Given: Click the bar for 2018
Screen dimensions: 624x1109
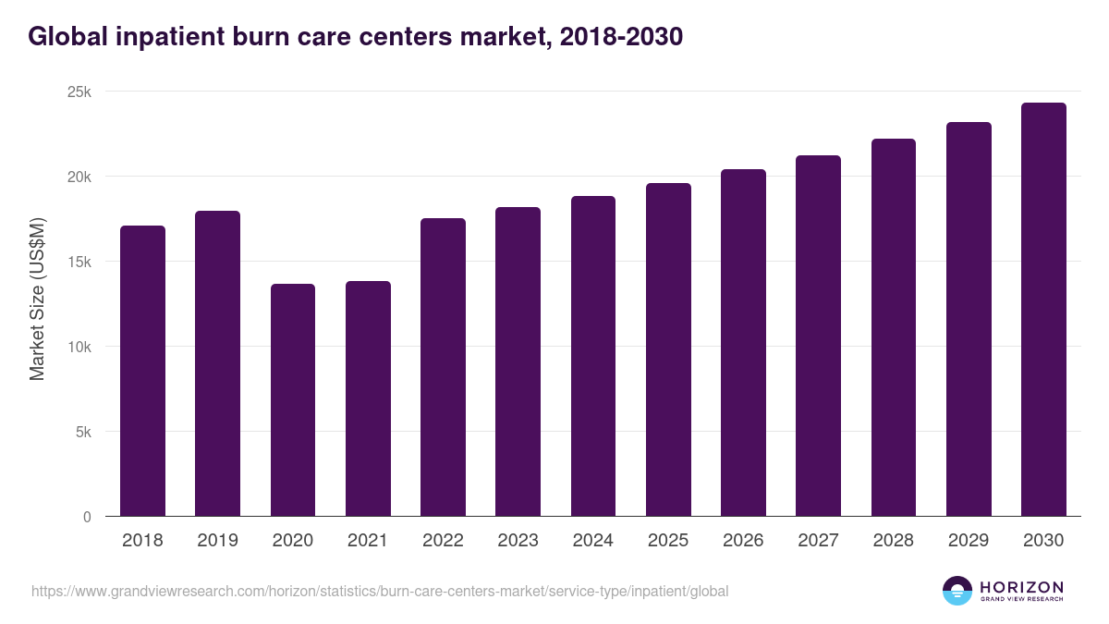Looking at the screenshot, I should (142, 371).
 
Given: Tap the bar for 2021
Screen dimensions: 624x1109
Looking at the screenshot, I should (368, 398).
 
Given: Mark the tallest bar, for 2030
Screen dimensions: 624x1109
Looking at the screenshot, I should (1043, 310).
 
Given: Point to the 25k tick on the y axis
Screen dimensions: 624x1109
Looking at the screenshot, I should (79, 92).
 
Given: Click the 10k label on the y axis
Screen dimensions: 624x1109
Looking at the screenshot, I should (79, 347).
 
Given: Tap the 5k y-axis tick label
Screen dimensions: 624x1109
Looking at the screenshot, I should (83, 432).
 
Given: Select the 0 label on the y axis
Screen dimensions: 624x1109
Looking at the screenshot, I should (87, 517).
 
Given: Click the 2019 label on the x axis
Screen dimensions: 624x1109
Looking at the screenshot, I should (217, 541).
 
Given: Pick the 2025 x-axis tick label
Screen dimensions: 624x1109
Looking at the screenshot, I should (668, 541).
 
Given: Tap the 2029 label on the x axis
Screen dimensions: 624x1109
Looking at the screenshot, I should (969, 541).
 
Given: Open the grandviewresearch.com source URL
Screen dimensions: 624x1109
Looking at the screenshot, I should (380, 591).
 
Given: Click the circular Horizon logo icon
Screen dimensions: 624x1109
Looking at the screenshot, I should (957, 591).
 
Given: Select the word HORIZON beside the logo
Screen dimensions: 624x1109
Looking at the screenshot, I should (1021, 586).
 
